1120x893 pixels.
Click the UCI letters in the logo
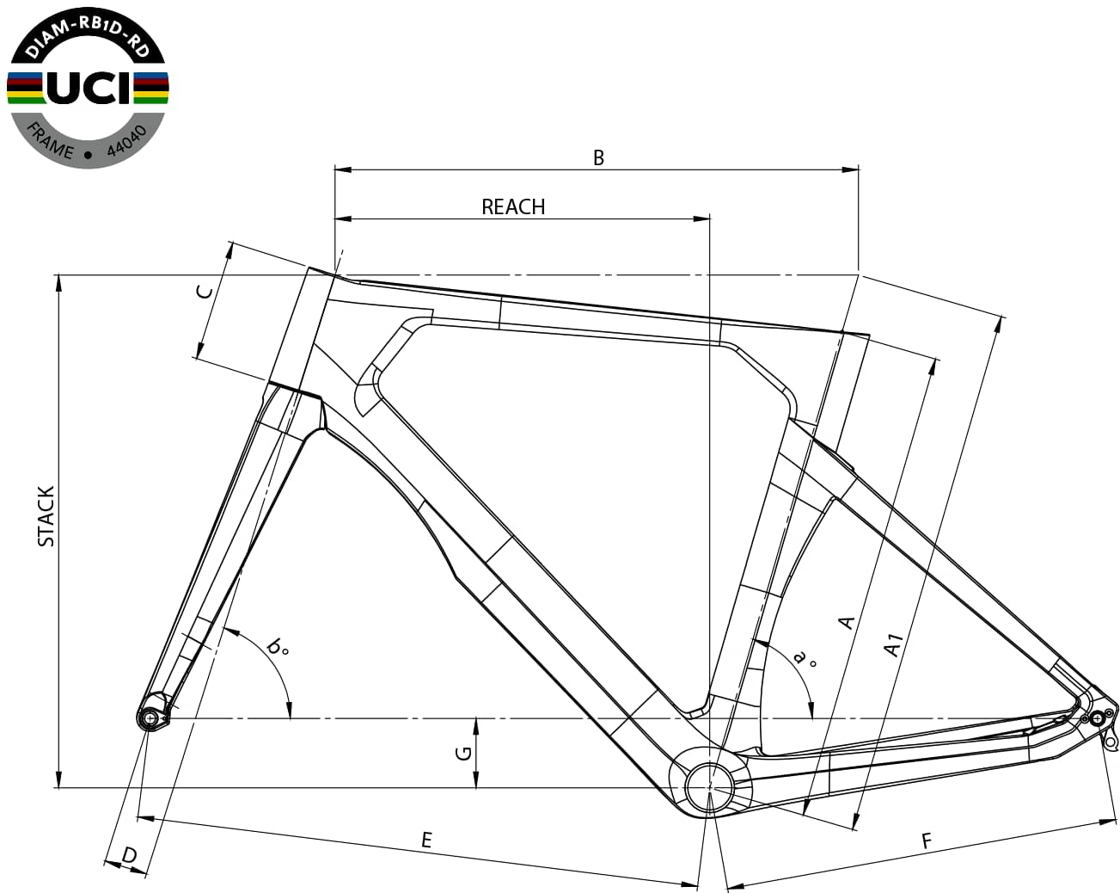tap(88, 88)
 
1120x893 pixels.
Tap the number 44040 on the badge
tap(127, 140)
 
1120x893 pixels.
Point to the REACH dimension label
tap(513, 206)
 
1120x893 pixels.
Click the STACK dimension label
tap(46, 516)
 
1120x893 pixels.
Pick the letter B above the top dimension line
tap(598, 157)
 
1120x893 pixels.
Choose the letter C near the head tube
tap(205, 293)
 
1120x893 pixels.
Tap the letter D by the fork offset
tap(129, 855)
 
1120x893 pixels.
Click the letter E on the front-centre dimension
tap(426, 840)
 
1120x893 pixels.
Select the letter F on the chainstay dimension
tap(926, 841)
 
